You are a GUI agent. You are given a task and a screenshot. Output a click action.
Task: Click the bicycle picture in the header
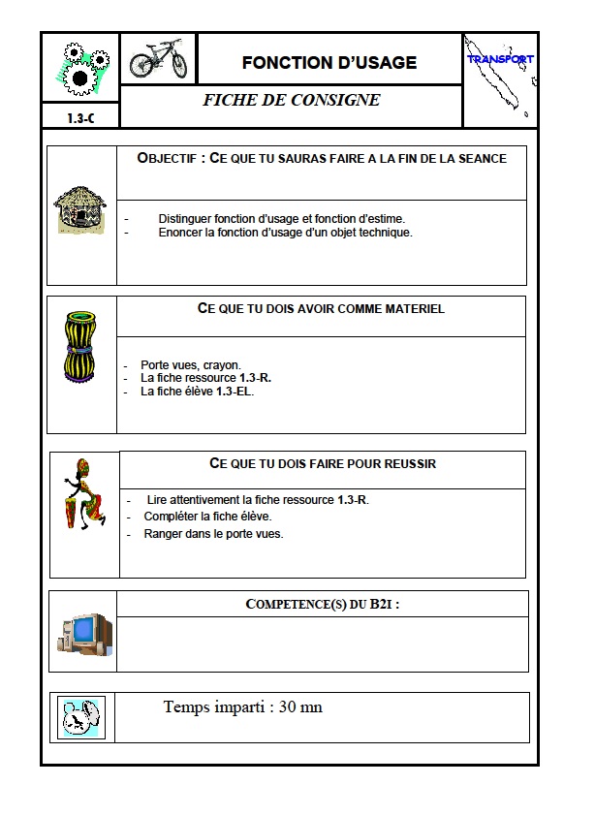coord(158,58)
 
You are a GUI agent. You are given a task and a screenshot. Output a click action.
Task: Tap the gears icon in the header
coord(79,66)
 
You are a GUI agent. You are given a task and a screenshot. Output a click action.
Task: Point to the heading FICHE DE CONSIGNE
coord(291,100)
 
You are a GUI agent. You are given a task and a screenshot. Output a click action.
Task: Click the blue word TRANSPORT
coord(500,59)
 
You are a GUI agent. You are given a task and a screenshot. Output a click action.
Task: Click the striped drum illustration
coord(79,346)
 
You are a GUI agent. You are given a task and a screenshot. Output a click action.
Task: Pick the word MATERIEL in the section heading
coord(411,308)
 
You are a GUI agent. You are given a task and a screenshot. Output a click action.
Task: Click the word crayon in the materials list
coord(223,365)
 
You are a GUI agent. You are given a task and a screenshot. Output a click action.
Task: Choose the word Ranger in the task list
coord(161,534)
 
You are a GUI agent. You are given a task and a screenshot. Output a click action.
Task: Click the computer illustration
coord(84,633)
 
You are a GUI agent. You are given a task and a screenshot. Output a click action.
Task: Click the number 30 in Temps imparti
coord(289,707)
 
